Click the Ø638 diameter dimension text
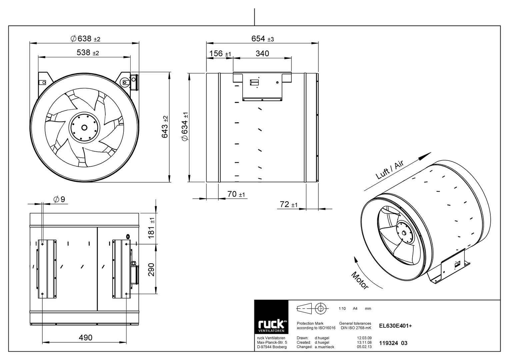pyautogui.click(x=85, y=39)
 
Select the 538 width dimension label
pyautogui.click(x=88, y=53)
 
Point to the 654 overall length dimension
pyautogui.click(x=262, y=39)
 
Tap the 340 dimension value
pyautogui.click(x=262, y=53)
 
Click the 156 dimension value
pyautogui.click(x=220, y=53)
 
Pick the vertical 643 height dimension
pyautogui.click(x=165, y=127)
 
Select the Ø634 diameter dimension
pyautogui.click(x=185, y=127)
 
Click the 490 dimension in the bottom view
pyautogui.click(x=85, y=337)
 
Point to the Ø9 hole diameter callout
pyautogui.click(x=59, y=199)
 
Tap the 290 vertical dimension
pyautogui.click(x=151, y=270)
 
